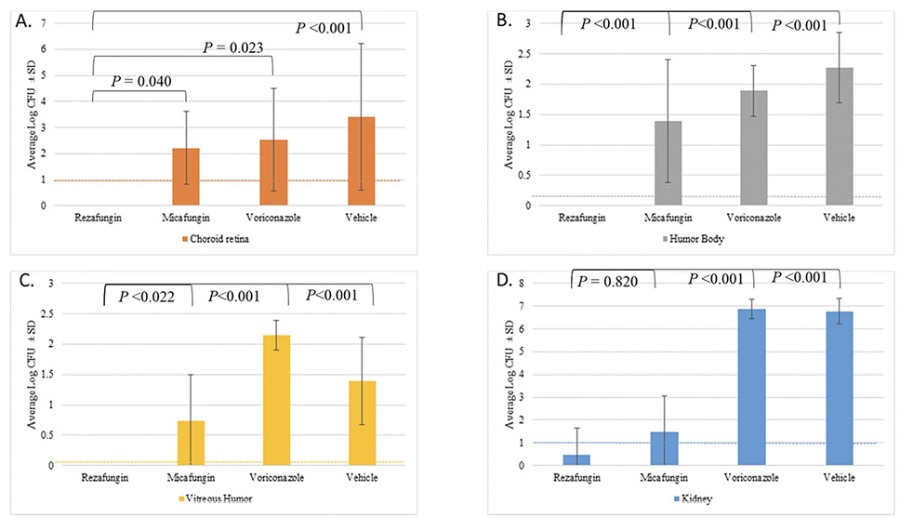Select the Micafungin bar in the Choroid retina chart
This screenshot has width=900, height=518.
coord(186,177)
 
